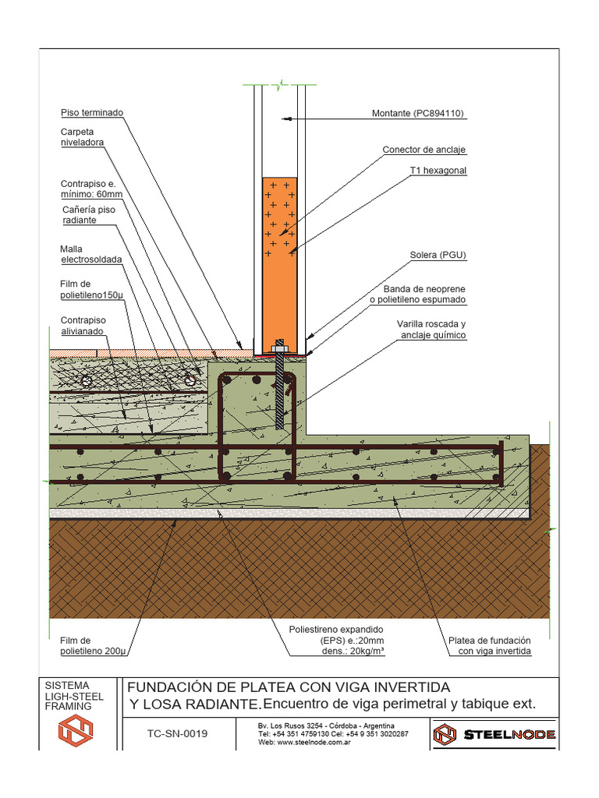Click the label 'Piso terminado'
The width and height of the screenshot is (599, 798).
click(x=92, y=113)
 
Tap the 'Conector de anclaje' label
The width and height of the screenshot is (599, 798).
click(x=424, y=150)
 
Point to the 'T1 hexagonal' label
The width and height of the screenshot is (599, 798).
click(x=438, y=170)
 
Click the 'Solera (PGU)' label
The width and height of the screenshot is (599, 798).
click(x=438, y=255)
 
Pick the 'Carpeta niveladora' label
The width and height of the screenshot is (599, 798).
click(x=82, y=137)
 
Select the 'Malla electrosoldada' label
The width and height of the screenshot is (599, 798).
click(x=91, y=255)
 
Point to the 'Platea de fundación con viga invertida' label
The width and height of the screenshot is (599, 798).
click(x=489, y=645)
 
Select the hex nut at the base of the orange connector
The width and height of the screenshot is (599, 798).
click(x=279, y=347)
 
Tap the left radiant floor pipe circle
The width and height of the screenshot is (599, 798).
click(x=87, y=380)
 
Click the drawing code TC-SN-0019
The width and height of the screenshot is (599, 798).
click(x=178, y=733)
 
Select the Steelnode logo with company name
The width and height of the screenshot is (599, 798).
click(x=494, y=734)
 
